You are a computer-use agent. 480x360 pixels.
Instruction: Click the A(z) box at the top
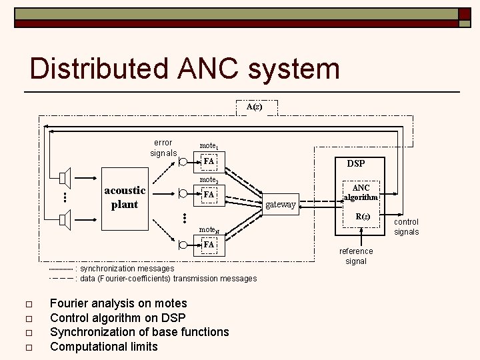point(254,107)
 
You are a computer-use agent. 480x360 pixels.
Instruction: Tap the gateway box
point(280,205)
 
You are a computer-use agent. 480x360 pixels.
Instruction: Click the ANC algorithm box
point(361,193)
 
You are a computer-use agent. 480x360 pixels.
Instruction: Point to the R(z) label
point(362,217)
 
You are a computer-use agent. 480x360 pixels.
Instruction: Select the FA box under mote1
point(209,161)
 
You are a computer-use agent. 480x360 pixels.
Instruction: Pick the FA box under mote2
point(209,195)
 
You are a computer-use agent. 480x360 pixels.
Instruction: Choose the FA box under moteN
point(209,245)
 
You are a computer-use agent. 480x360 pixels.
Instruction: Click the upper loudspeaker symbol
point(65,179)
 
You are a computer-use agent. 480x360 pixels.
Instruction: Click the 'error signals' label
point(163,147)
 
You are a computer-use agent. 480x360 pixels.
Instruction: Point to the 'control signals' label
point(406,227)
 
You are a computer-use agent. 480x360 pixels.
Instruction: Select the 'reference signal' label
point(356,256)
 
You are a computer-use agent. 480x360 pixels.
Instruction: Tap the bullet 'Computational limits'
point(104,346)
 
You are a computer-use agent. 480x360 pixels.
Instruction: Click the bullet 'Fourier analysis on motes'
point(119,304)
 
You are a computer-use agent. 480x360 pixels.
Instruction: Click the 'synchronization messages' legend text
point(127,268)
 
